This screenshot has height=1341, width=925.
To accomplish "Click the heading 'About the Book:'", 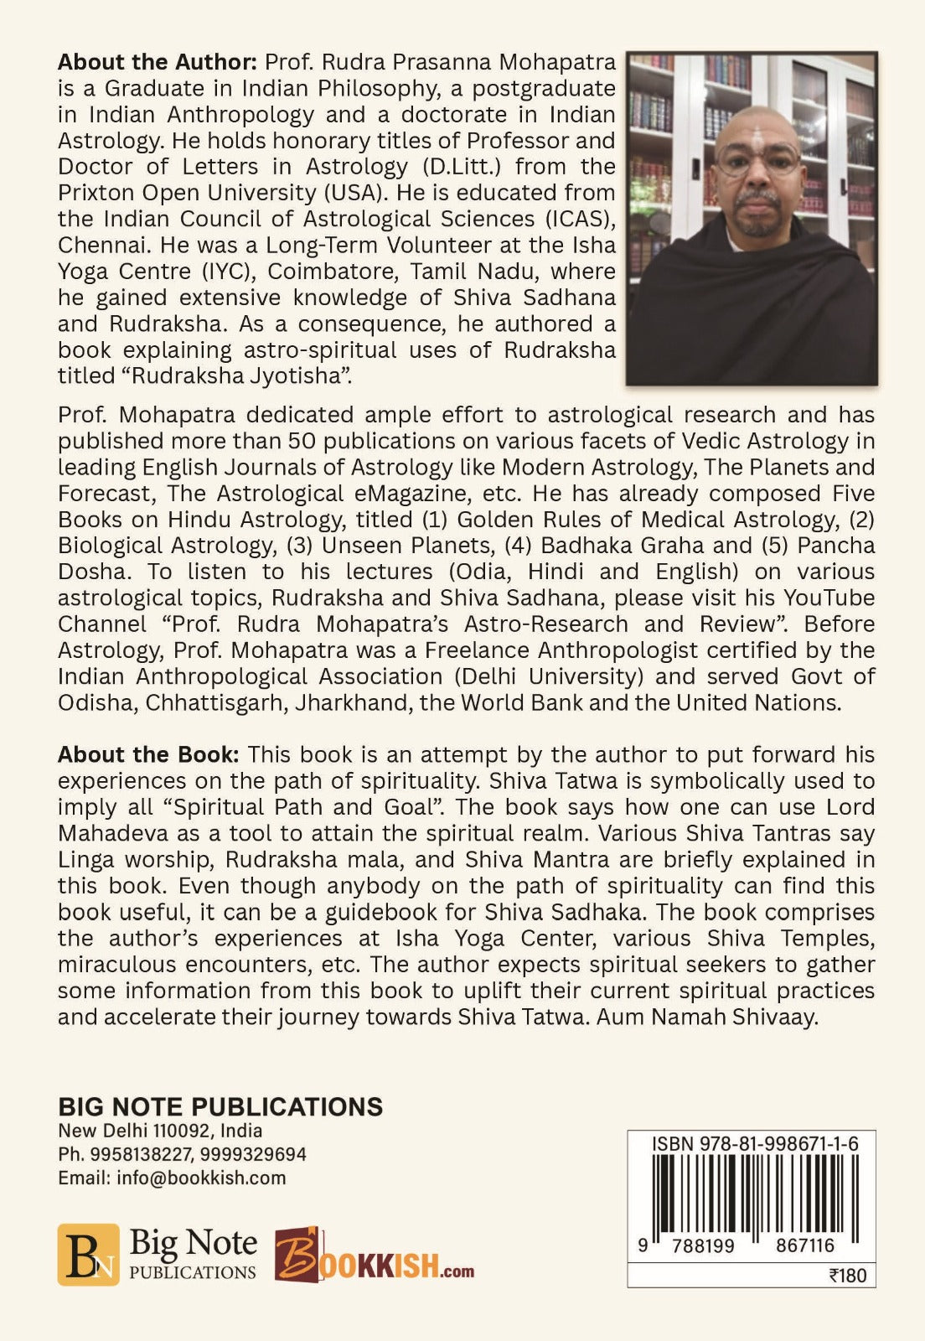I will point(148,754).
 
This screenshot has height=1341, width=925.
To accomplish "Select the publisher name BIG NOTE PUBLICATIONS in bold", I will point(220,1106).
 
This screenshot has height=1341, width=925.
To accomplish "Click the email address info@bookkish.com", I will point(201,1178).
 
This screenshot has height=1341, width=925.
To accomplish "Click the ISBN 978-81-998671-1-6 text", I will point(754,1144).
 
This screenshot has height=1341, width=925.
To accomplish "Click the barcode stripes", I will point(752,1193).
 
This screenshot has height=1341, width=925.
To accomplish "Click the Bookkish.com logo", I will point(374,1256).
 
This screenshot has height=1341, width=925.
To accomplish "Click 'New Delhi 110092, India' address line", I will point(160,1131).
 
